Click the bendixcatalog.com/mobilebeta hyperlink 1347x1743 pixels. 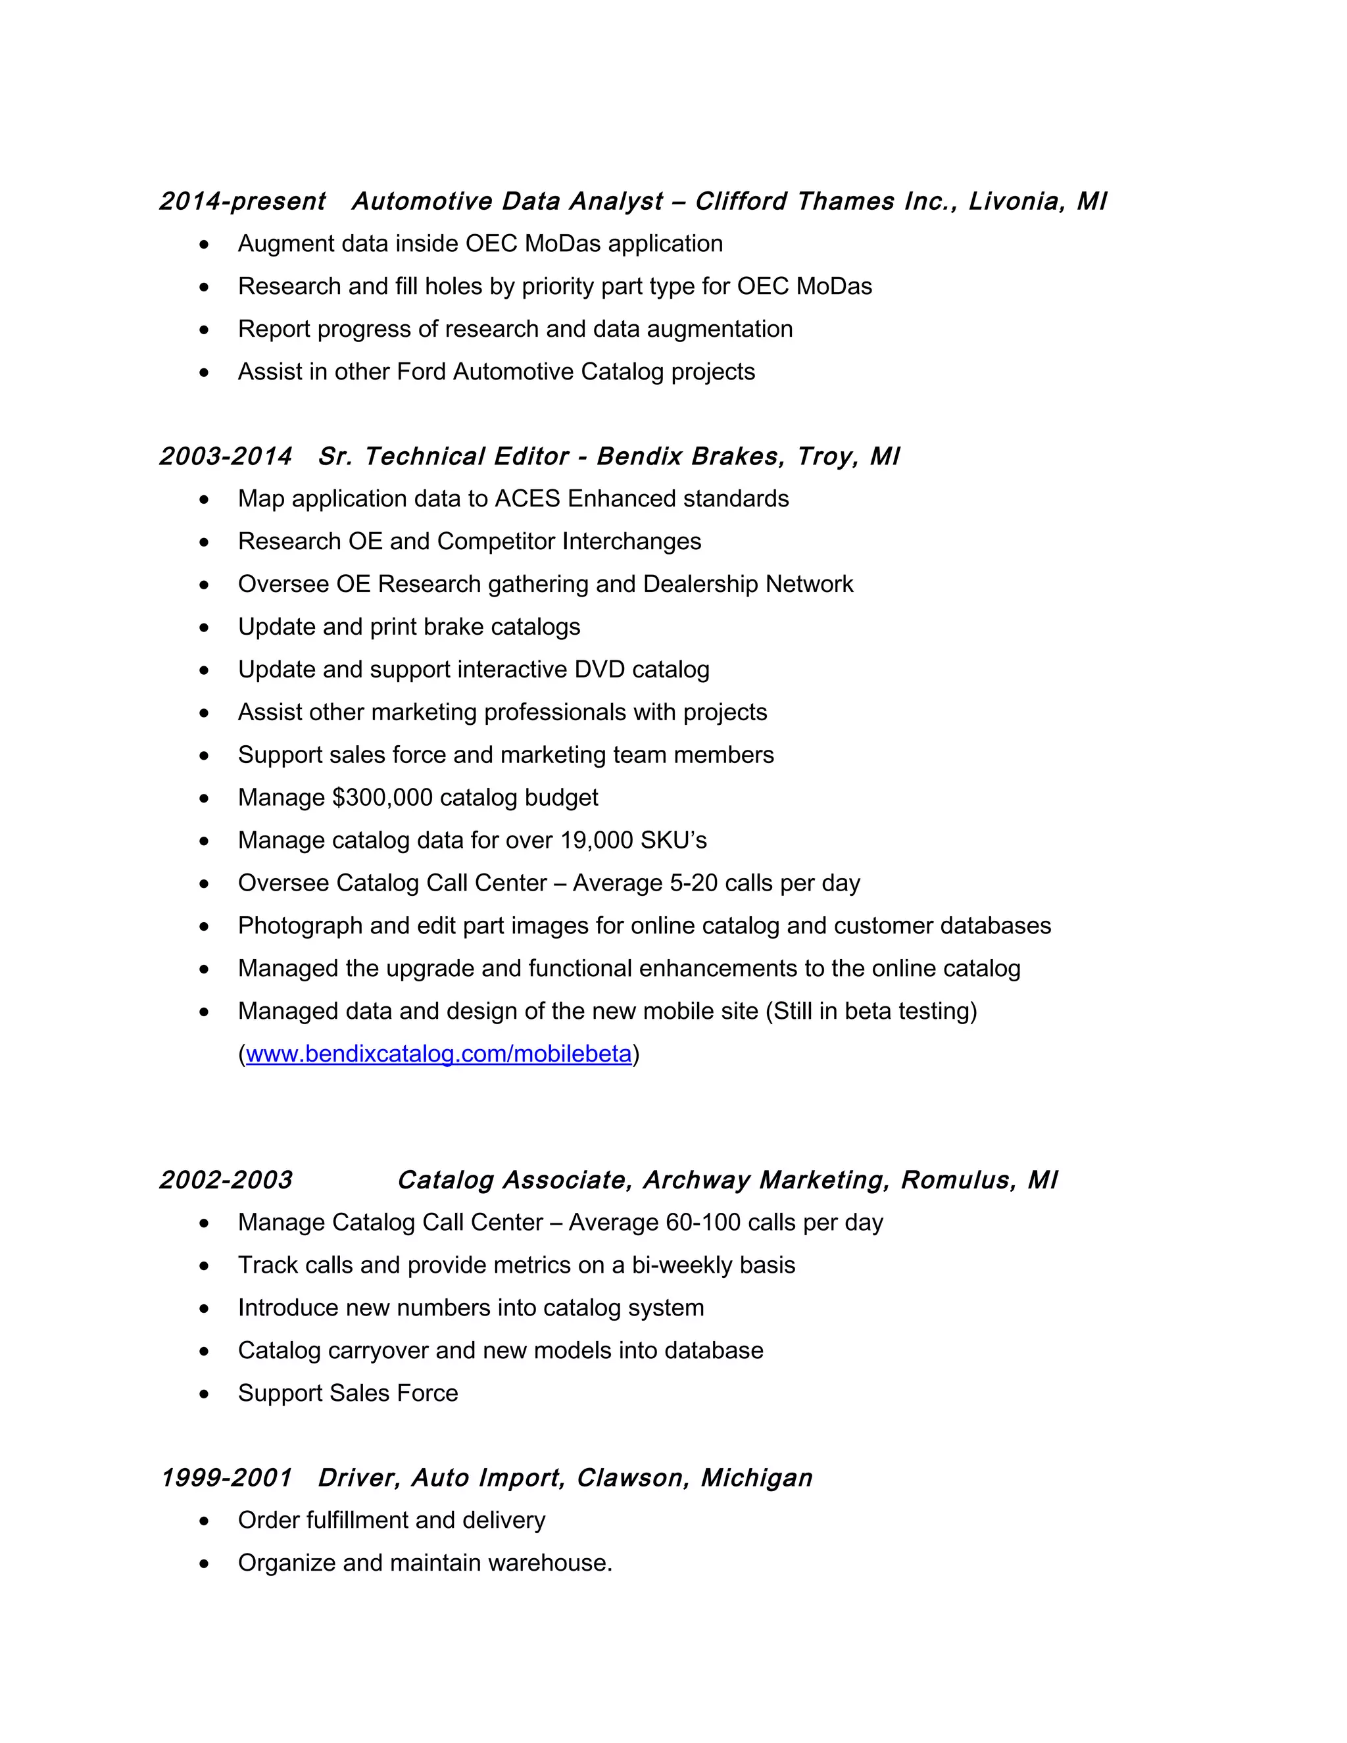point(438,1054)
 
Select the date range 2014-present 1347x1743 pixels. point(242,201)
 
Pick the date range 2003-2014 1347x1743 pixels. point(226,456)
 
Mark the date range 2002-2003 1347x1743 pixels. point(226,1181)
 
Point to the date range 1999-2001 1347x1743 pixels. point(226,1478)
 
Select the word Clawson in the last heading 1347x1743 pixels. point(633,1478)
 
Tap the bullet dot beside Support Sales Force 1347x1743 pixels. point(205,1394)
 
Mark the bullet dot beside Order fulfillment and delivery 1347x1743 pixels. point(205,1520)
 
